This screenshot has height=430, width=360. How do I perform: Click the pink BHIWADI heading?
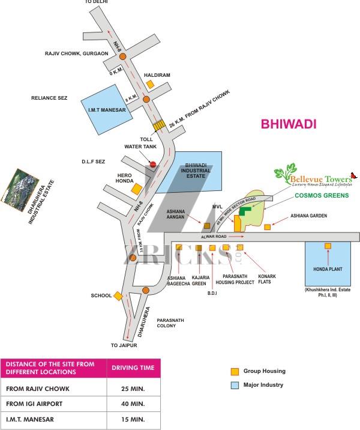coord(289,124)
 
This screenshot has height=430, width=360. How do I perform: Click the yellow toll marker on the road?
coord(159,126)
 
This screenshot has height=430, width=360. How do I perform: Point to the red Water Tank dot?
coord(153,163)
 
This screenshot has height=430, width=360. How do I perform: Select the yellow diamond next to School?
coord(119,296)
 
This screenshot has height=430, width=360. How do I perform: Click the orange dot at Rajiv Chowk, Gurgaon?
coord(122,56)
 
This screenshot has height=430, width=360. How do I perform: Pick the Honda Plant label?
coord(328,269)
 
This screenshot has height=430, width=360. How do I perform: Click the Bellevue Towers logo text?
coord(319,178)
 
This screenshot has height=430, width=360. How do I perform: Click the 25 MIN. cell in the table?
coord(133,389)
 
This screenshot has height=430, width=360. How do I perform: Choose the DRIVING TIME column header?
coord(133,368)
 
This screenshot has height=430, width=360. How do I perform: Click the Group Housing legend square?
coord(235,371)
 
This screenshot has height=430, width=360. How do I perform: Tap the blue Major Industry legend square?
coord(235,385)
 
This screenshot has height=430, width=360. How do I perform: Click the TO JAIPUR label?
coord(124,345)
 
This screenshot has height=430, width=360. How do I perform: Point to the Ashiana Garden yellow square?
coord(268,226)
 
